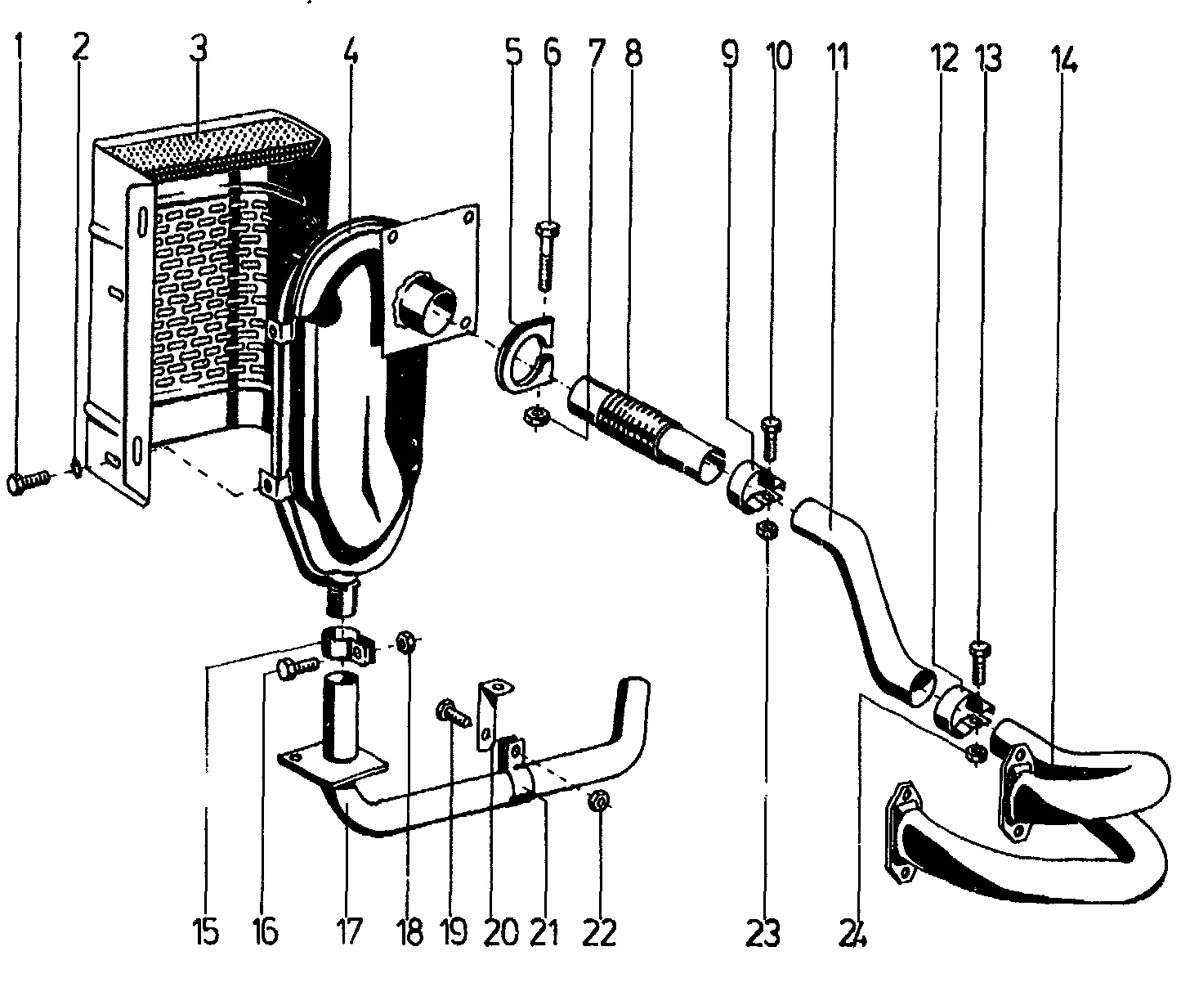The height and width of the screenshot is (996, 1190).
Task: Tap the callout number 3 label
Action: (196, 51)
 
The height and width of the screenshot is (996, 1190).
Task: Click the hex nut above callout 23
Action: (768, 530)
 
